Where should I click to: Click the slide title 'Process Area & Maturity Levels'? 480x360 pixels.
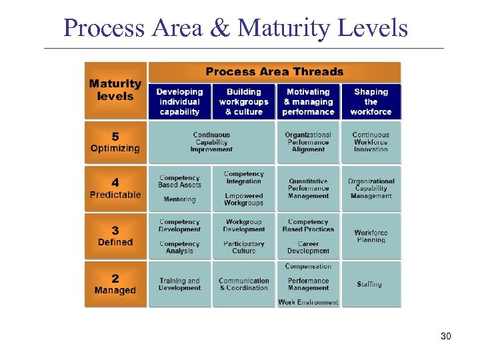tap(235, 28)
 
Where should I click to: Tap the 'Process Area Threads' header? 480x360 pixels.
tap(274, 72)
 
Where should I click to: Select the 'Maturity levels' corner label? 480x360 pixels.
tap(115, 90)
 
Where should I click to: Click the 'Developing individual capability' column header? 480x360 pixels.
tap(179, 102)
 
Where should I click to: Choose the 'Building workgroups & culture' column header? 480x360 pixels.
tap(243, 102)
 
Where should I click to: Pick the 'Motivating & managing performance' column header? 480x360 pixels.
tap(308, 102)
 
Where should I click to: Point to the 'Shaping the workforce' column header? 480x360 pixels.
tap(371, 102)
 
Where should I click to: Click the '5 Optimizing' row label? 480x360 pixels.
tap(115, 142)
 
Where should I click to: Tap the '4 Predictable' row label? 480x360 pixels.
tap(115, 189)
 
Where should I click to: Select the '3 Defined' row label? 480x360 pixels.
tap(115, 236)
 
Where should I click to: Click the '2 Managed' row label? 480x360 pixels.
tap(115, 284)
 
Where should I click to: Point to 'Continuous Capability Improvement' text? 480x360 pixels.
tap(211, 142)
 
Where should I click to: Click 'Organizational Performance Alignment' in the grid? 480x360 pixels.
tap(308, 142)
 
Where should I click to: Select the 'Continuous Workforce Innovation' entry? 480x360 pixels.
tap(371, 142)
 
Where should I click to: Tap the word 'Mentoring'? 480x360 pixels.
tap(179, 199)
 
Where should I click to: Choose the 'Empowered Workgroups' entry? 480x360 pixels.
tap(244, 199)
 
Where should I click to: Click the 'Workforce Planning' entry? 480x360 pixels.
tap(371, 236)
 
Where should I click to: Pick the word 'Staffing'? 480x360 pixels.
tap(369, 284)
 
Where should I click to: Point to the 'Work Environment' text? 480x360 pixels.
tap(308, 302)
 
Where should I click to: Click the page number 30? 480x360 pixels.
tap(446, 336)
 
